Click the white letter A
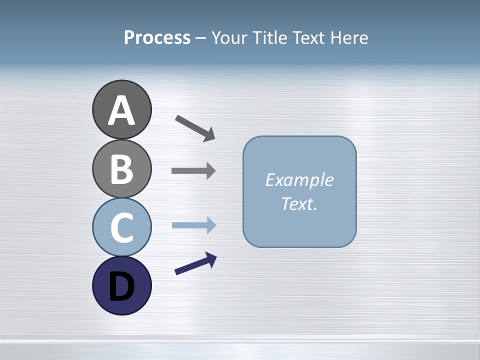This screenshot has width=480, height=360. coord(121,111)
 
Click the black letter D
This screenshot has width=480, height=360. coord(121,286)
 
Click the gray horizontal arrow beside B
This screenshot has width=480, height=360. coord(192,170)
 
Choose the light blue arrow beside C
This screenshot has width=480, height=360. coord(192,225)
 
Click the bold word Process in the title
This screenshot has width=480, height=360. coord(157,37)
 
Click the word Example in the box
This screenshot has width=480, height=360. coord(299,180)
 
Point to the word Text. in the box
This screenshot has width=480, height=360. coord(299,203)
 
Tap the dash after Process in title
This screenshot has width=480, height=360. coord(201,38)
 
